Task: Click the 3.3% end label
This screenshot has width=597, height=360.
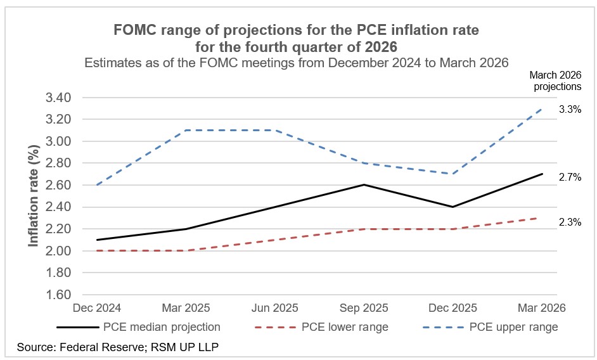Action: [x=570, y=109]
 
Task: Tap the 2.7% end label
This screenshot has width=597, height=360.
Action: [x=570, y=177]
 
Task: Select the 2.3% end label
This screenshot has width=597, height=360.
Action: [x=570, y=222]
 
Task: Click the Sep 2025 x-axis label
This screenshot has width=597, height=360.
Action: [x=363, y=308]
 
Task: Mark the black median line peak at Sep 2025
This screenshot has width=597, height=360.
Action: [x=363, y=185]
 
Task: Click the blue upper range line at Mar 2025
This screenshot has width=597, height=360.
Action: [x=184, y=131]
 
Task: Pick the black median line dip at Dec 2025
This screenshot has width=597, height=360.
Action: [x=451, y=207]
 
